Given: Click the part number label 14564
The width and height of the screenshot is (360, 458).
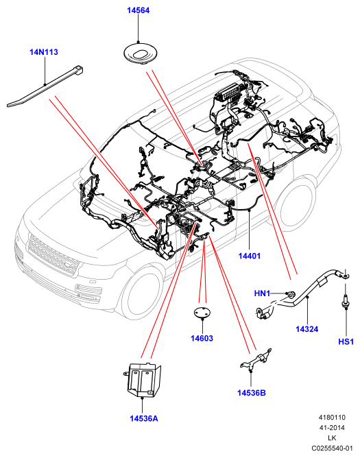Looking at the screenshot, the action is (x=139, y=10).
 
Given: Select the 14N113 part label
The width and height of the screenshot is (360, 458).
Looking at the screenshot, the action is (x=44, y=52).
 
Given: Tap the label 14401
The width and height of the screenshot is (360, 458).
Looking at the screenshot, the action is (x=249, y=256).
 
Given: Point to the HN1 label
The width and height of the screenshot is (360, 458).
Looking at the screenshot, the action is (x=262, y=293).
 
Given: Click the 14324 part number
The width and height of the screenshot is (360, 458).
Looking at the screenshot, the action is (x=307, y=329).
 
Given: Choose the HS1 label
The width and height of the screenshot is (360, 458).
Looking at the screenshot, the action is (x=346, y=341).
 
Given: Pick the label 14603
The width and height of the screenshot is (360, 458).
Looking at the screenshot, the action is (x=202, y=338).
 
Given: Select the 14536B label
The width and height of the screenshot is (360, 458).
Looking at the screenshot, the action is (x=252, y=393).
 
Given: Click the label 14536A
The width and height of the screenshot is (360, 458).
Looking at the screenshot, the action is (x=144, y=418).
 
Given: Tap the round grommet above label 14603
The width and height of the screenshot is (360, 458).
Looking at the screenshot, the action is (x=202, y=312).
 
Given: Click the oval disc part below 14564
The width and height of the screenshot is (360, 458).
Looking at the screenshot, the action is (x=140, y=53).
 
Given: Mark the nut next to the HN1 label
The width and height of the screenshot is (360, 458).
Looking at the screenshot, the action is (x=291, y=294).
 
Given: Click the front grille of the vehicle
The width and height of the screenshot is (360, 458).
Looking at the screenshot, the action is (x=53, y=254).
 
